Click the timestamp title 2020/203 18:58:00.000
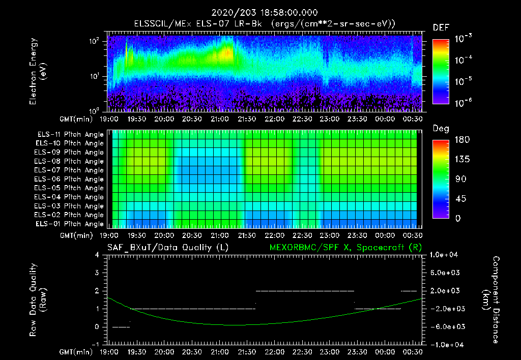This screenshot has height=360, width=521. pyautogui.click(x=260, y=12)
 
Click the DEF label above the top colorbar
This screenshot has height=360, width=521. pyautogui.click(x=441, y=27)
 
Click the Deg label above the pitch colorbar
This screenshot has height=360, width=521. pyautogui.click(x=441, y=129)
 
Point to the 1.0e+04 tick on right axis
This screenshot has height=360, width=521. pyautogui.click(x=446, y=254)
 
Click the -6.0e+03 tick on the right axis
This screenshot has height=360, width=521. pyautogui.click(x=446, y=326)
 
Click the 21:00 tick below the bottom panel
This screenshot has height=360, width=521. pyautogui.click(x=219, y=351)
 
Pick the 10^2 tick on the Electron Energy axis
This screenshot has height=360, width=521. pyautogui.click(x=95, y=41)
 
